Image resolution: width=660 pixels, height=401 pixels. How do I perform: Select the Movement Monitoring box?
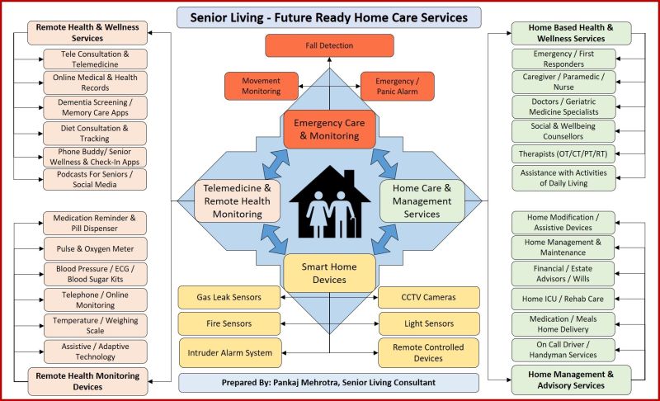tap(261, 86)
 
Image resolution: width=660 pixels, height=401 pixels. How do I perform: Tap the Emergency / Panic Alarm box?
tap(397, 86)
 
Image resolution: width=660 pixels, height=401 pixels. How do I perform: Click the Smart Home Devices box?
tap(329, 273)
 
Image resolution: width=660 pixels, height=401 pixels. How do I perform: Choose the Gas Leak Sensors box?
tap(229, 297)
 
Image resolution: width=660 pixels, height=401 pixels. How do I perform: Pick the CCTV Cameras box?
tap(428, 297)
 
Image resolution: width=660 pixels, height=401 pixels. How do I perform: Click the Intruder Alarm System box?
tap(229, 352)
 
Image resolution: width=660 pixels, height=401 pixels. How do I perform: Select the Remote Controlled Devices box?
tap(428, 352)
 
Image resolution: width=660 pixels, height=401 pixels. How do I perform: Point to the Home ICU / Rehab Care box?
tap(563, 299)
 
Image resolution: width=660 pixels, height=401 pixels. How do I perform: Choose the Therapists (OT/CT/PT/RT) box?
tap(563, 154)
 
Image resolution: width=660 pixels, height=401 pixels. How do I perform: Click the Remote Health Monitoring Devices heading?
tap(88, 381)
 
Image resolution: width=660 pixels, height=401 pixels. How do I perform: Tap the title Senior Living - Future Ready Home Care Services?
tap(329, 17)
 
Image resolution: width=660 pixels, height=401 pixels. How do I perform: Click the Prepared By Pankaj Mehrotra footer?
tap(329, 383)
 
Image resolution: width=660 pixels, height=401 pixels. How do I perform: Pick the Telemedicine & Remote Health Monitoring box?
tap(238, 200)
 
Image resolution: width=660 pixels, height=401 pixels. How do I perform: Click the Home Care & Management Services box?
tap(422, 200)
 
